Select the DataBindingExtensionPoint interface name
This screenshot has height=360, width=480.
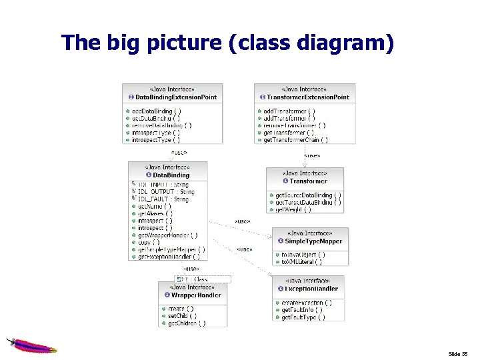pos(177,97)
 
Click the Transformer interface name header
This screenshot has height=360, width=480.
pos(309,181)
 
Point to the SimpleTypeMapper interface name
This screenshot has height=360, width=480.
pos(313,241)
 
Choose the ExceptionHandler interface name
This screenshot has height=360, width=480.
pos(311,289)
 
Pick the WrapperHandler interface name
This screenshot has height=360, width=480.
pos(196,295)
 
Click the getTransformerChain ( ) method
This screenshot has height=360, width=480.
pos(295,140)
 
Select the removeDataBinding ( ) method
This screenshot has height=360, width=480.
pos(161,125)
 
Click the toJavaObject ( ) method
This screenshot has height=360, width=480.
pos(303,255)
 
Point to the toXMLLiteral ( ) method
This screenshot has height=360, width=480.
pos(302,262)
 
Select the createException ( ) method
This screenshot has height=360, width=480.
pos(307,303)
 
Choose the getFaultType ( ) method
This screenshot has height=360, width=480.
pos(303,317)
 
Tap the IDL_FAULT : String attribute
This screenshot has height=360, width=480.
pos(163,199)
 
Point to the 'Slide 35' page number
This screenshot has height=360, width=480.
pos(459,353)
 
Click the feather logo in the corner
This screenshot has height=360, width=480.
pos(31,345)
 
